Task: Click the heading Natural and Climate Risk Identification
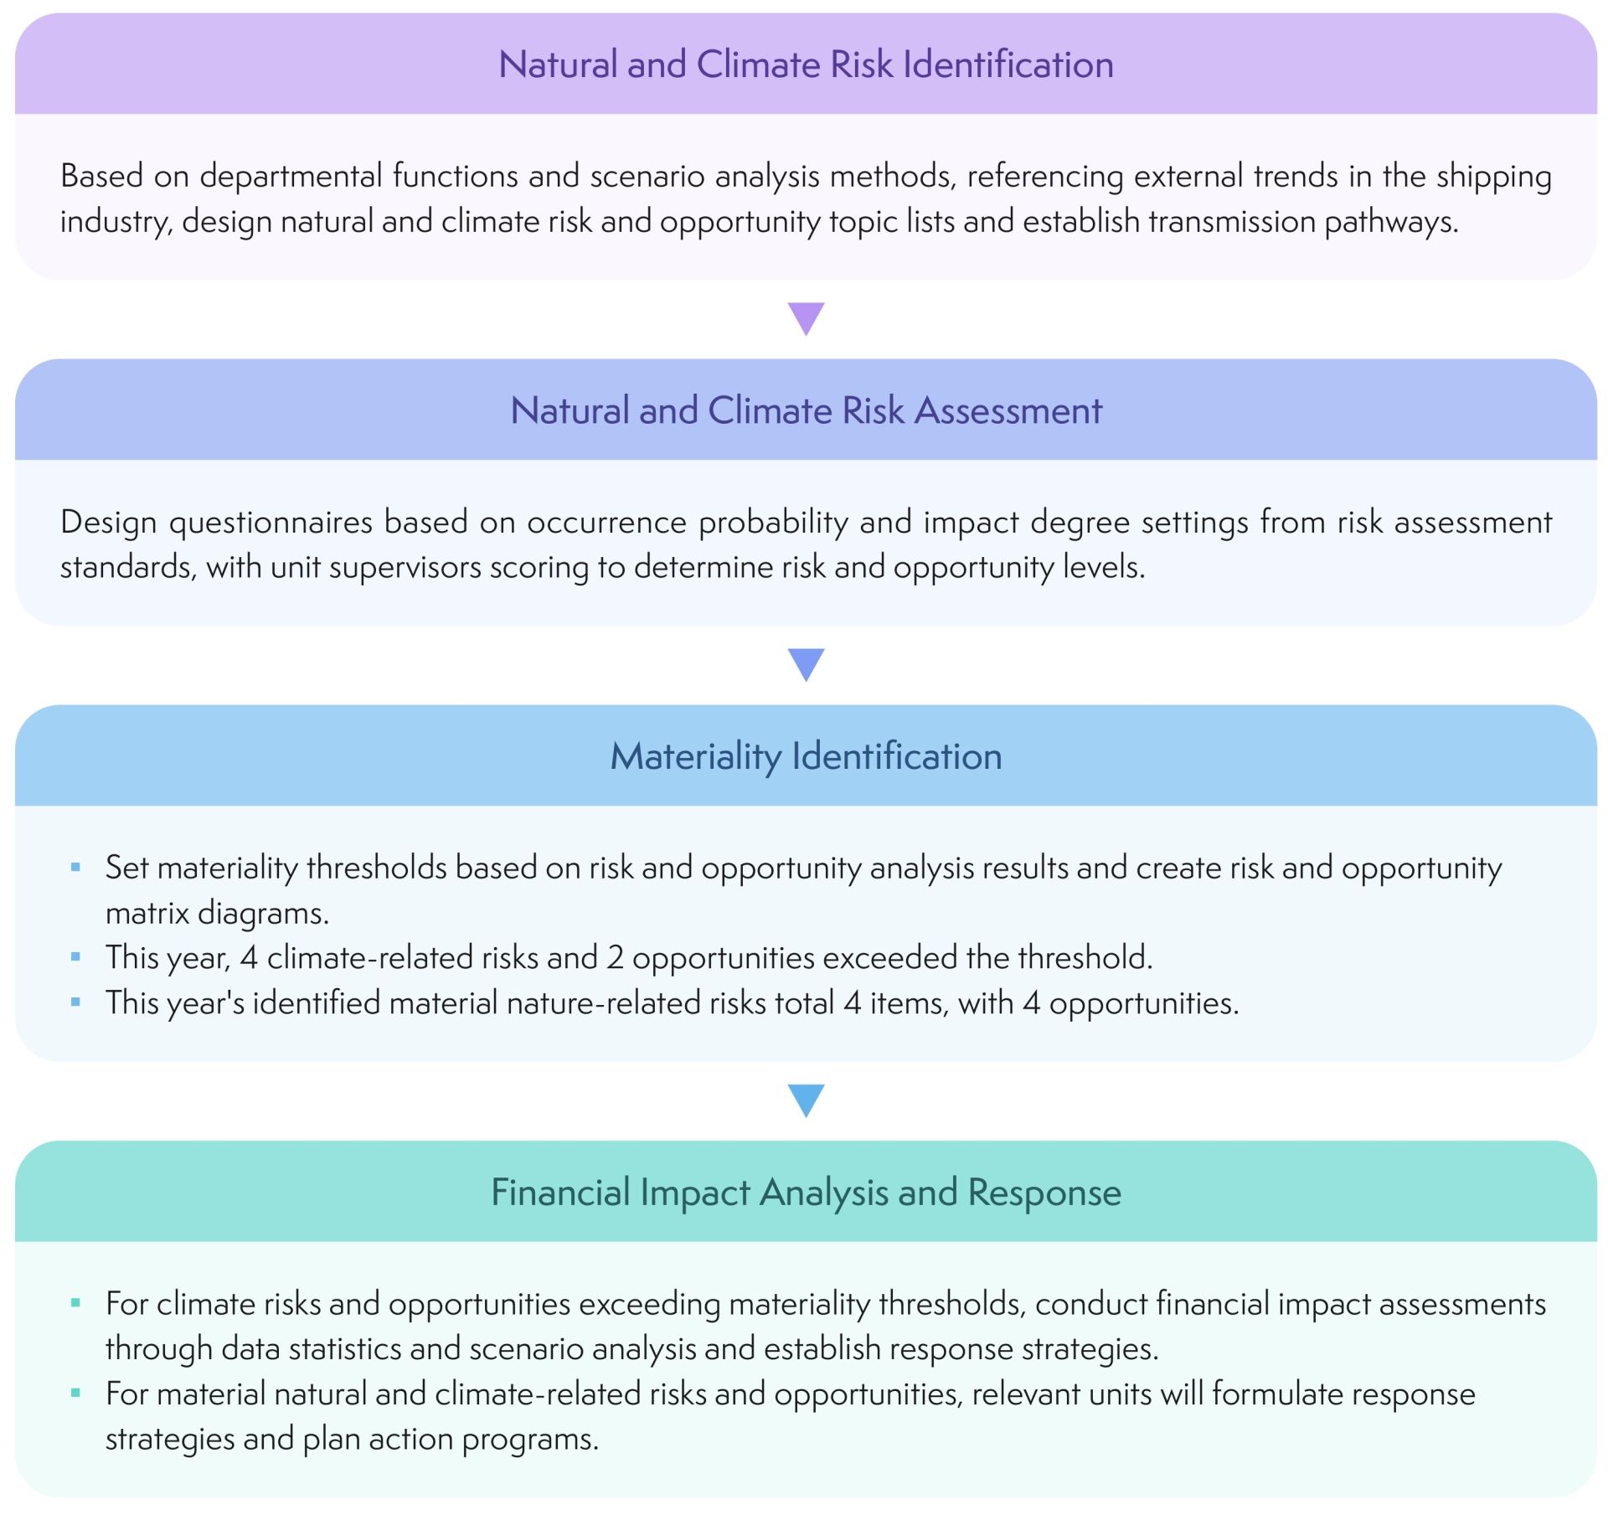click(806, 64)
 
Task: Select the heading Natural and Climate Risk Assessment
click(806, 410)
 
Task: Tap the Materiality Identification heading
click(806, 756)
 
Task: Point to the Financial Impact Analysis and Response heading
click(806, 1192)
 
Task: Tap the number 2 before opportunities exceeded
click(615, 958)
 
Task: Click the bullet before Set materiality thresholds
click(76, 868)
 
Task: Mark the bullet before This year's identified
click(76, 1002)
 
